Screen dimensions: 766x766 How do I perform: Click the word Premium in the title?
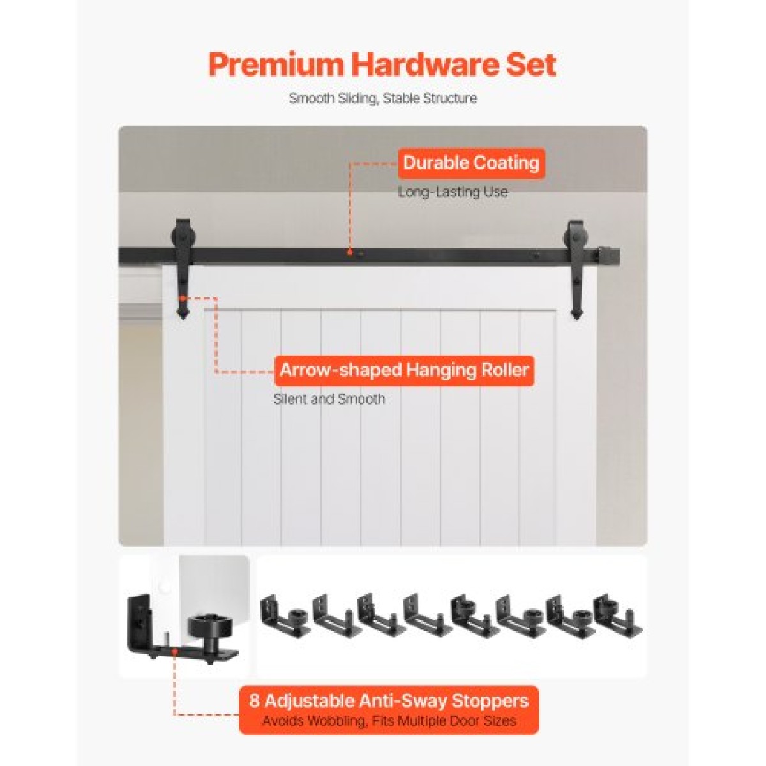pyautogui.click(x=276, y=64)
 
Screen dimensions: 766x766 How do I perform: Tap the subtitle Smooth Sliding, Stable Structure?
pyautogui.click(x=383, y=98)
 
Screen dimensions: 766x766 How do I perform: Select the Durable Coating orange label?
pyautogui.click(x=471, y=163)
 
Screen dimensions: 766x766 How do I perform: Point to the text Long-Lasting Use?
pyautogui.click(x=453, y=192)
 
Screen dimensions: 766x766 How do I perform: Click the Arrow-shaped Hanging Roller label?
pyautogui.click(x=404, y=370)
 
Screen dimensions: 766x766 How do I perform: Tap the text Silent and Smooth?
pyautogui.click(x=329, y=399)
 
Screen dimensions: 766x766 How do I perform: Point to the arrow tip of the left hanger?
pyautogui.click(x=183, y=318)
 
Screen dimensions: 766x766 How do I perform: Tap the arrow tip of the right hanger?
pyautogui.click(x=576, y=318)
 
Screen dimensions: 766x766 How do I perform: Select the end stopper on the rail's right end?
pyautogui.click(x=606, y=254)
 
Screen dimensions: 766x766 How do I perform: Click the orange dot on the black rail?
pyautogui.click(x=350, y=252)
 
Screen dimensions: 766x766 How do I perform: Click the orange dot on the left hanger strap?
pyautogui.click(x=183, y=297)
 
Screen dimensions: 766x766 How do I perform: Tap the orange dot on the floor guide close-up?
pyautogui.click(x=174, y=650)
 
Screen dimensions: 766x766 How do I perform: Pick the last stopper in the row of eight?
pyautogui.click(x=617, y=619)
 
